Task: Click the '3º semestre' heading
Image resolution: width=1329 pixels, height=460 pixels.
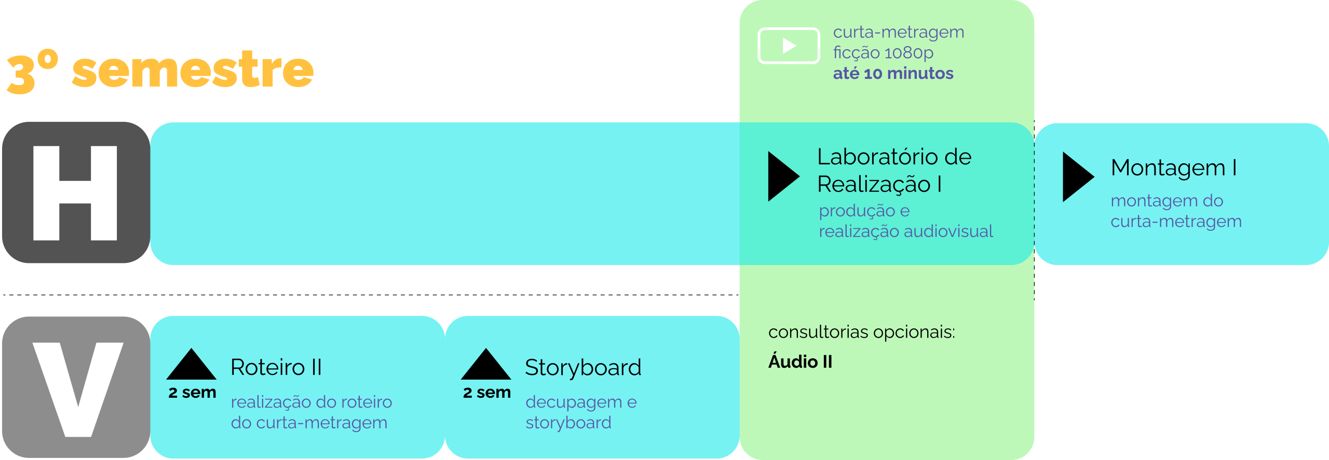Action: pos(160,71)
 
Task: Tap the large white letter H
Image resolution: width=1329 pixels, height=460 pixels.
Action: pos(75,193)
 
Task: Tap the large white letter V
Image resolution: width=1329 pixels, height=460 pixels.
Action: pos(78,389)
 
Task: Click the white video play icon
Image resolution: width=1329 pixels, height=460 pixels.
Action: pos(789,46)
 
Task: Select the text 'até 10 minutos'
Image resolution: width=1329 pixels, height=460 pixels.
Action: pos(893,74)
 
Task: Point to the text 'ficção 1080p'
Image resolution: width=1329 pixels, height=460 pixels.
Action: pos(883,53)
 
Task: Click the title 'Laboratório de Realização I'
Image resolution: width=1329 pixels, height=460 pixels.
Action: pos(894,170)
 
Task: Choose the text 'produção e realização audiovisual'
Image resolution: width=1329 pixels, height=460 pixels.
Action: pos(905,221)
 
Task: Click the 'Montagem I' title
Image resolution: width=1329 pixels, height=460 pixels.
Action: pos(1173,168)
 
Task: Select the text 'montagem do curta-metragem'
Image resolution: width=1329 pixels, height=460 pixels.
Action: pos(1176,211)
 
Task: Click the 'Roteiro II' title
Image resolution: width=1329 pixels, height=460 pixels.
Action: pos(276,368)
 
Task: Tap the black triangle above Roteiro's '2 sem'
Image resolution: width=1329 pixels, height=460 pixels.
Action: pos(191,366)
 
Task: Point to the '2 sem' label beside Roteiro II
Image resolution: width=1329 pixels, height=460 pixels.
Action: pos(192,393)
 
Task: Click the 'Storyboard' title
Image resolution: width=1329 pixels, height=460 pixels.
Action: pos(583,368)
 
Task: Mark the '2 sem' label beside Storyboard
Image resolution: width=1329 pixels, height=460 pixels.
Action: pos(487,393)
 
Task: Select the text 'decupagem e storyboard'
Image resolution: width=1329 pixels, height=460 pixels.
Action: pos(581,412)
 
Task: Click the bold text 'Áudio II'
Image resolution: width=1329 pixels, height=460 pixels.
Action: pos(800,362)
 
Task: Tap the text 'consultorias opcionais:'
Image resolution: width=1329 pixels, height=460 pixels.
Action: pos(861,332)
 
